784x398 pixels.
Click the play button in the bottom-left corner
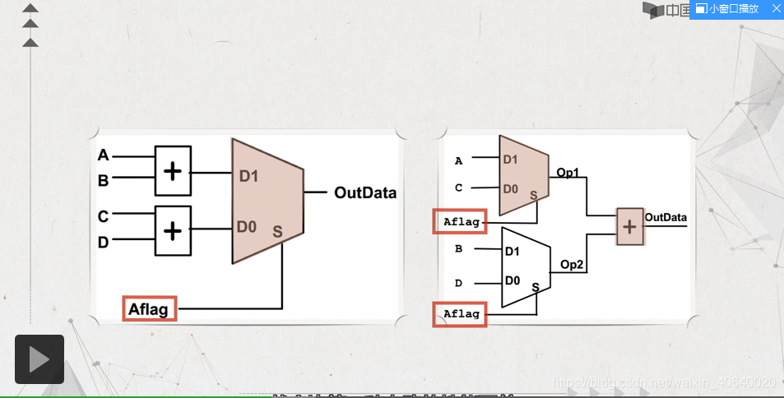(39, 359)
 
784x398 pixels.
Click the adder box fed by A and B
(173, 171)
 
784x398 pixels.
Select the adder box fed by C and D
(173, 230)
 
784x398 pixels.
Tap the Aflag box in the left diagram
(149, 309)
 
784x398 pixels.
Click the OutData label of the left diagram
(364, 193)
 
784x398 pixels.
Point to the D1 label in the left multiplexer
(249, 176)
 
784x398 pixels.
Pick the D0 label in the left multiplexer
(247, 226)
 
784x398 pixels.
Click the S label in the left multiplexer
(277, 233)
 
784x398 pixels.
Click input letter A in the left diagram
(103, 155)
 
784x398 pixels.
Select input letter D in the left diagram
(103, 242)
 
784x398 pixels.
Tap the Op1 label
(568, 173)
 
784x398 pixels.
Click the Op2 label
(572, 264)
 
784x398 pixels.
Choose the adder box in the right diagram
(630, 227)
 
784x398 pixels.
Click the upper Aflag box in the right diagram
(460, 221)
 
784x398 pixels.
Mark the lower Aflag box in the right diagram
(460, 314)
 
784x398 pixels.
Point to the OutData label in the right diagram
(666, 217)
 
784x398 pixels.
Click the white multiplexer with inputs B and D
(525, 266)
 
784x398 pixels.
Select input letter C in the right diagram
(458, 187)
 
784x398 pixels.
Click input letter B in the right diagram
(458, 248)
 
